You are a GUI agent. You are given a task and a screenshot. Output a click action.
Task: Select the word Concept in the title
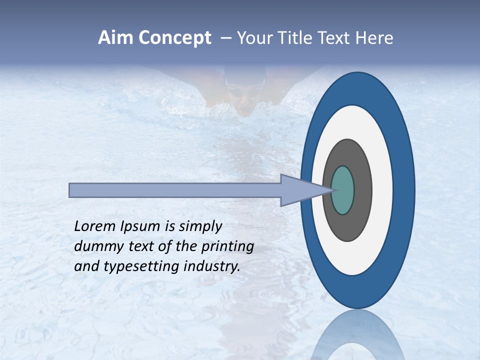click(x=174, y=38)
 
